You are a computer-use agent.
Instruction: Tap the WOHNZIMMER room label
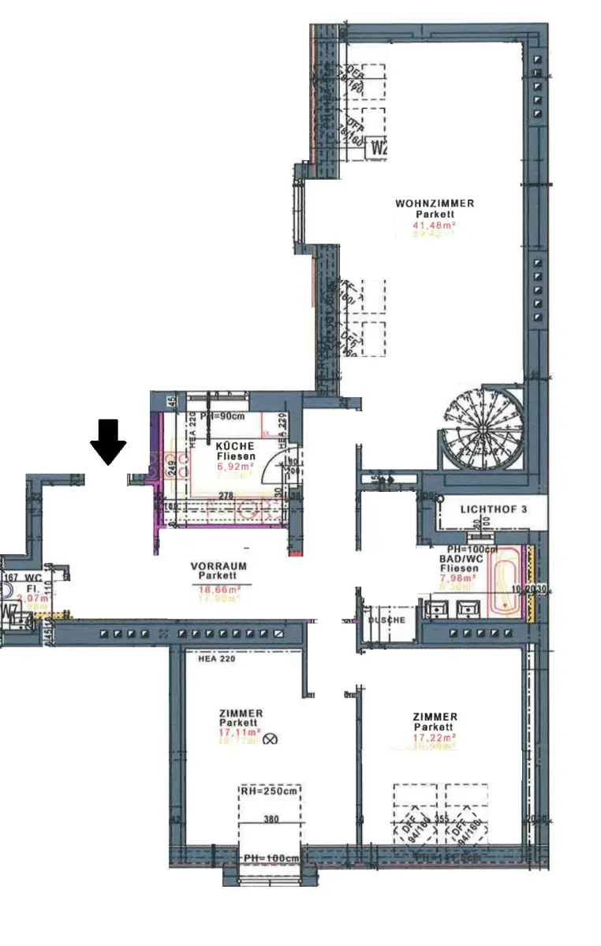coord(435,203)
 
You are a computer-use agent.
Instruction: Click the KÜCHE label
coord(236,445)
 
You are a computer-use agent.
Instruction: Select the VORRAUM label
coord(218,566)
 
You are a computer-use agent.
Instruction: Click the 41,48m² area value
coord(435,224)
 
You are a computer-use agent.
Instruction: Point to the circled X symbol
coord(272,739)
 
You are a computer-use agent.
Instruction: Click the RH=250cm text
coord(271,791)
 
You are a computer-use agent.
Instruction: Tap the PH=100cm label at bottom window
coord(270,858)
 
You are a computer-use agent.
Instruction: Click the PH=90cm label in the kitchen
coord(222,417)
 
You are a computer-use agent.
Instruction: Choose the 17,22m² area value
coord(435,738)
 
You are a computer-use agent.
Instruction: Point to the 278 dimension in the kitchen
coord(226,494)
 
